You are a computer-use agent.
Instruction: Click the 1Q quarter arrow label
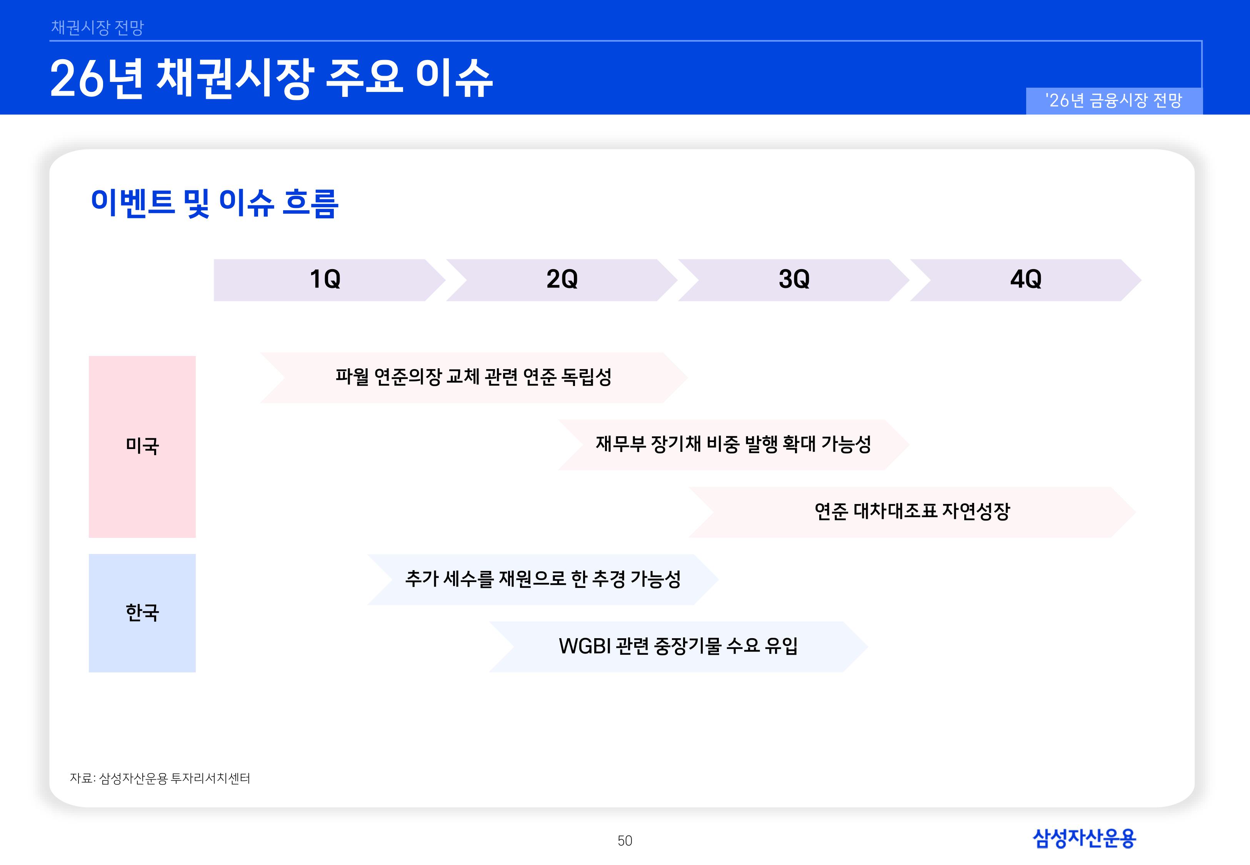tap(325, 279)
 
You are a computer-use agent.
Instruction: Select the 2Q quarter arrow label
tap(562, 279)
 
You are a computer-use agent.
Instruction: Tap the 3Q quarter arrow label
tap(794, 279)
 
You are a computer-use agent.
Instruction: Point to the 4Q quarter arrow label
tap(1026, 279)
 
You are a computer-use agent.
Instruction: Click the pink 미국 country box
tap(142, 447)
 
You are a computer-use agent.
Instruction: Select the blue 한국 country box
tap(142, 613)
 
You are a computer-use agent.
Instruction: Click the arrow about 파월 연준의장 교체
tap(473, 377)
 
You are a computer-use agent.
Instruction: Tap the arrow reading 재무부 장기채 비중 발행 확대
tap(733, 444)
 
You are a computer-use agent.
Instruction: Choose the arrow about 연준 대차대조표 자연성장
tap(912, 512)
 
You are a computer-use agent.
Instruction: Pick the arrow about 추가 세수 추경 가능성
tap(543, 579)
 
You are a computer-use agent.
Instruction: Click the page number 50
tap(625, 841)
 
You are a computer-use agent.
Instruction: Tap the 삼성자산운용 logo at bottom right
tap(1084, 838)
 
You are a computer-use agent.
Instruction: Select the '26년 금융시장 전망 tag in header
tap(1114, 101)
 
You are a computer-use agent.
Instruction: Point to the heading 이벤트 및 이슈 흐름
tap(215, 203)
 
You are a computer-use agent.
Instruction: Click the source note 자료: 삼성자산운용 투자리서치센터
tap(160, 778)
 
